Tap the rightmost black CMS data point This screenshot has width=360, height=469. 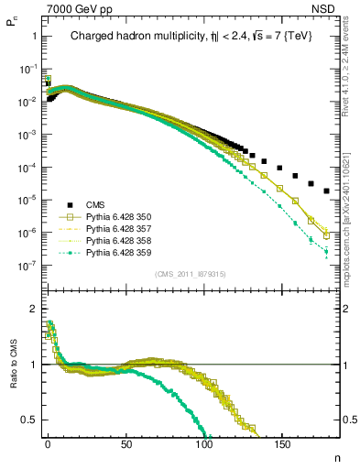click(327, 191)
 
